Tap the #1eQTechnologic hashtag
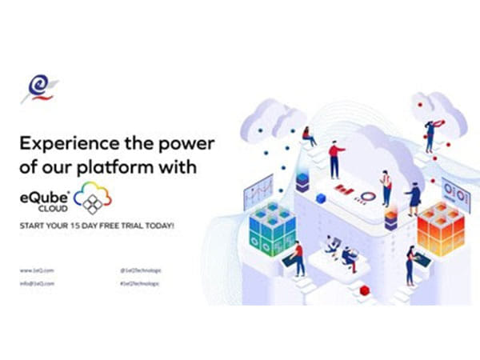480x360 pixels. tap(138, 283)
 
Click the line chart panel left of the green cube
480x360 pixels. tap(258, 193)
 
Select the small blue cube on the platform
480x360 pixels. tap(321, 198)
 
